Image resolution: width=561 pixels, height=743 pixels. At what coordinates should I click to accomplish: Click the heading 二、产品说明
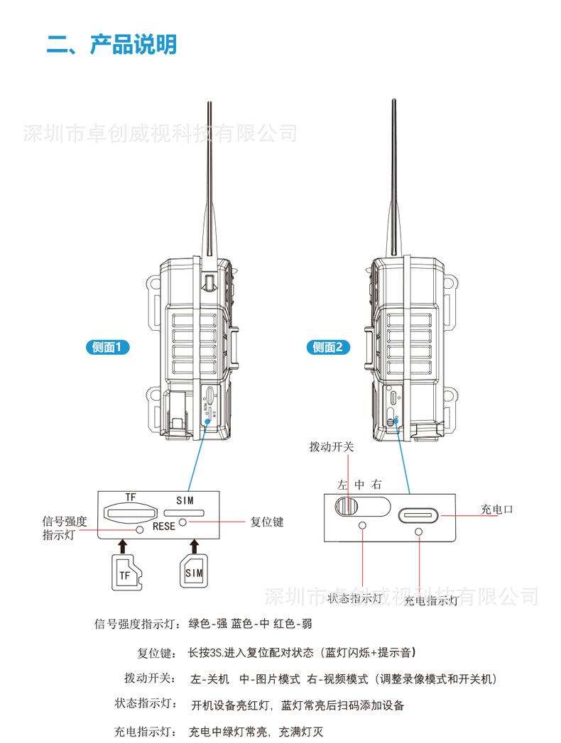pyautogui.click(x=111, y=45)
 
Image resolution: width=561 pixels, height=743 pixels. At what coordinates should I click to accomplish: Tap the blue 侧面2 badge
pyautogui.click(x=327, y=347)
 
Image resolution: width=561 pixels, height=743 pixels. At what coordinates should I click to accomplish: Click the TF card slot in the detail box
pyautogui.click(x=130, y=511)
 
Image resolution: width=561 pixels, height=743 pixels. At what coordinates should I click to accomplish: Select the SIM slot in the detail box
pyautogui.click(x=184, y=511)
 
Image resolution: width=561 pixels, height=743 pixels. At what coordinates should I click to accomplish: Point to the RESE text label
pyautogui.click(x=163, y=527)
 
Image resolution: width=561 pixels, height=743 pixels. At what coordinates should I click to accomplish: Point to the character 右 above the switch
pyautogui.click(x=377, y=485)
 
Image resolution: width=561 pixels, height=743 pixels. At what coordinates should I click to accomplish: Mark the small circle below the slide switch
pyautogui.click(x=364, y=526)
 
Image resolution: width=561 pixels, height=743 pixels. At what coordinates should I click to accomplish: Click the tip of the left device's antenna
pyautogui.click(x=209, y=103)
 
